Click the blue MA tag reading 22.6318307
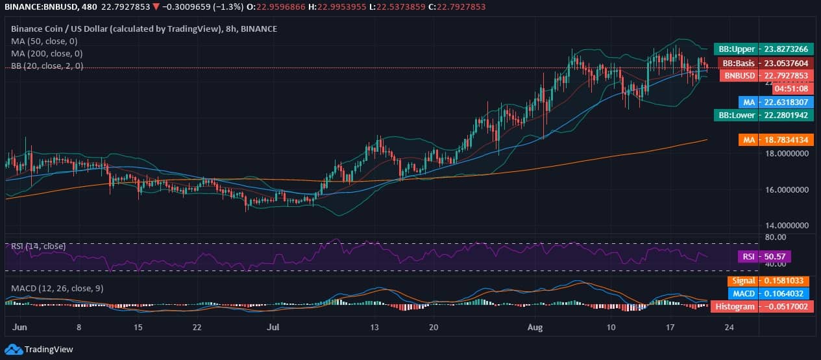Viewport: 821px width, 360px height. tap(776, 102)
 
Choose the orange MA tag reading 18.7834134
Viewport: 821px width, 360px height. tap(776, 139)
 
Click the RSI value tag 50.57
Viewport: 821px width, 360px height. tap(776, 257)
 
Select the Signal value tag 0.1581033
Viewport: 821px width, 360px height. tap(776, 281)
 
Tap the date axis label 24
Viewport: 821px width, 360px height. tap(729, 328)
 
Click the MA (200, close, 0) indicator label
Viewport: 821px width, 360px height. tap(47, 53)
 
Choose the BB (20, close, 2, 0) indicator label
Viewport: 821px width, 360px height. tap(47, 66)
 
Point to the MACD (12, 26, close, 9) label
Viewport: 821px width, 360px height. tap(57, 288)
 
